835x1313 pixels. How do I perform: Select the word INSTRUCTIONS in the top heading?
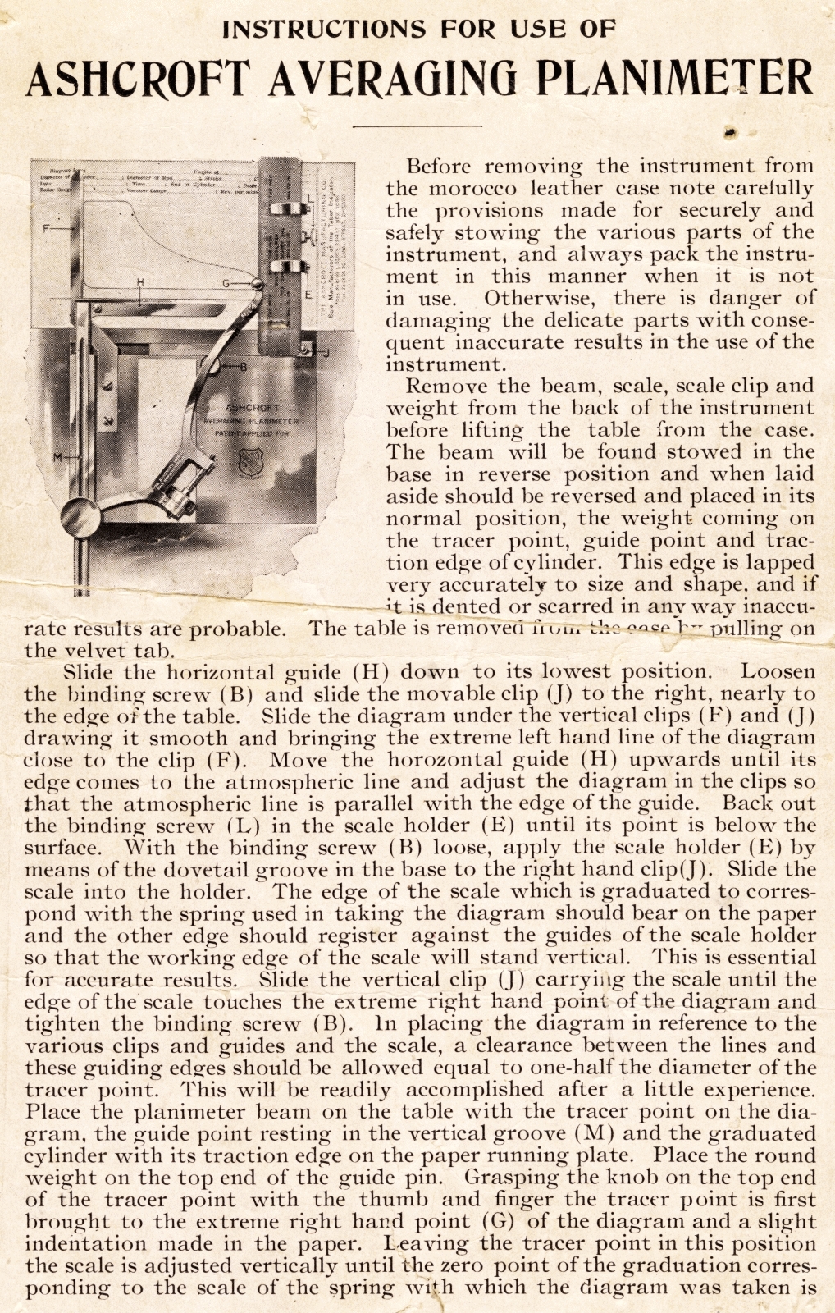pos(324,29)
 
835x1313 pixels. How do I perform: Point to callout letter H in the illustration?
pos(140,281)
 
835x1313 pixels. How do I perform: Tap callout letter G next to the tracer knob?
pos(226,283)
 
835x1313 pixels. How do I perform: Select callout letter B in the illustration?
pos(242,367)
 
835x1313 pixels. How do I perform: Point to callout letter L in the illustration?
pos(310,197)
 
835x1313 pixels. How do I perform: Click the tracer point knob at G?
pos(258,285)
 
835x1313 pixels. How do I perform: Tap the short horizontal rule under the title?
pos(417,126)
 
